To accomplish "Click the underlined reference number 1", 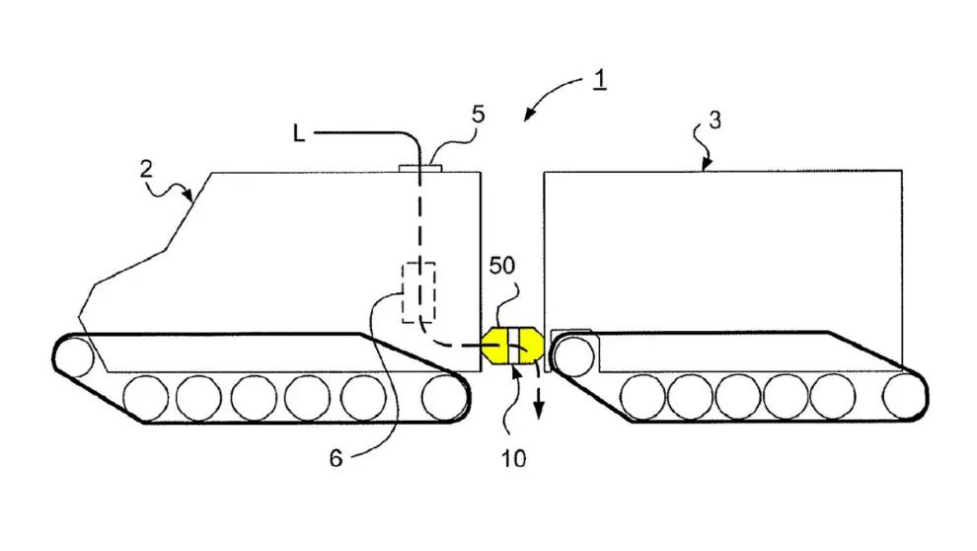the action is click(599, 80).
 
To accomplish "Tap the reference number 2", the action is click(146, 169).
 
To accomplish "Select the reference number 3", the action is click(714, 120).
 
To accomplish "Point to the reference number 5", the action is click(478, 115).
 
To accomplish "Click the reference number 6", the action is click(336, 459).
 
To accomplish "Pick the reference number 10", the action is click(513, 459).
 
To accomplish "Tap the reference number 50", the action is click(501, 266).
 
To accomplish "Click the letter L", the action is click(299, 133).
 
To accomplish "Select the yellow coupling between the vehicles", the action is click(512, 346).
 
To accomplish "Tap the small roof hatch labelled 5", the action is click(420, 168).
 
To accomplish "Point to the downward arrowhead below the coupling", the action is click(539, 410).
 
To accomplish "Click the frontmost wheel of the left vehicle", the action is click(75, 357).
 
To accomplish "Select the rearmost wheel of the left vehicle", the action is click(444, 398).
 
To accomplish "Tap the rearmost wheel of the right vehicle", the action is click(904, 396).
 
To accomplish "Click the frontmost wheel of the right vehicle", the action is click(573, 356).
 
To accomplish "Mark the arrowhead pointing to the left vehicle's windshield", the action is click(188, 196).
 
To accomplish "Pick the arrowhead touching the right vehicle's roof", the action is click(706, 165).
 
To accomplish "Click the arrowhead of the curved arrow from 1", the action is click(530, 114).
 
